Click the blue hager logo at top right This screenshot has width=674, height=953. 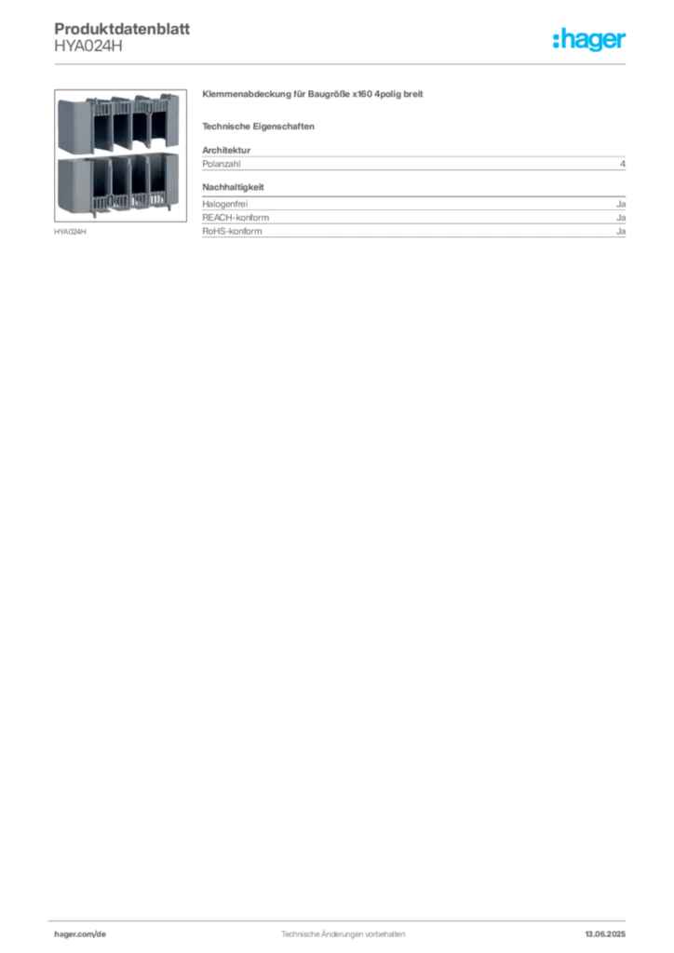(590, 41)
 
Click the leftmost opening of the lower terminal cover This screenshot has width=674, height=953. (100, 181)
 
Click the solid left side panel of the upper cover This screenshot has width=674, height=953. (70, 123)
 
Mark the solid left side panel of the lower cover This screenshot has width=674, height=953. (70, 184)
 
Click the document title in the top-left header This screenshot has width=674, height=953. (121, 32)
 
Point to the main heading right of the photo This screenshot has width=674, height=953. (313, 95)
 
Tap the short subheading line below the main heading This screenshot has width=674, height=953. (261, 126)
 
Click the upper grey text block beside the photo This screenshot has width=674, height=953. (414, 164)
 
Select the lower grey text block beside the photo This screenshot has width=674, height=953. (414, 223)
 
